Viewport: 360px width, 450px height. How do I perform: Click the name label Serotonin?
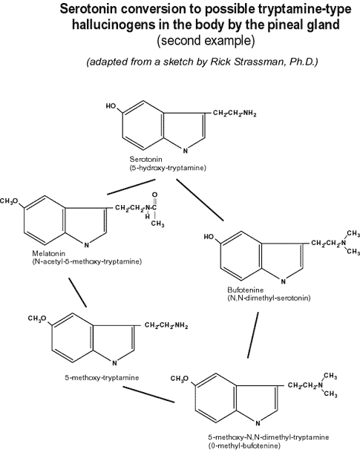coord(145,159)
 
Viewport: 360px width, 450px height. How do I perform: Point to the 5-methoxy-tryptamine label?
coord(102,377)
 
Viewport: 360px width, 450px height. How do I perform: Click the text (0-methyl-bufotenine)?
coord(243,446)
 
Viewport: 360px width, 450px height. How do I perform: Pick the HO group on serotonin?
coord(111,106)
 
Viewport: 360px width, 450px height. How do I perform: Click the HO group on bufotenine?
coord(209,237)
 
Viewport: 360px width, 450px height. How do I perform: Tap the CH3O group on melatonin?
coord(10,201)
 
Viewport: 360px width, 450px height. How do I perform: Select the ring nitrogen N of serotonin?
coord(186,151)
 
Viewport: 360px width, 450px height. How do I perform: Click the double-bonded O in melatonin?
coord(154,195)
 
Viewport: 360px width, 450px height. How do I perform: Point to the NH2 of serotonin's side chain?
coord(249,114)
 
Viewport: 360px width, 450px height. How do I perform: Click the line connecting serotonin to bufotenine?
coord(200,200)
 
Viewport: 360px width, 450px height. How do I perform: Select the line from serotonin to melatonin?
coord(131,187)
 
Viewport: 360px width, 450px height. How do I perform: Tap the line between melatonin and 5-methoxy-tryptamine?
coord(77,293)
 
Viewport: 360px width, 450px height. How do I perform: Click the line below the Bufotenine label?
coord(253,335)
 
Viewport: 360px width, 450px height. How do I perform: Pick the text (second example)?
coord(206,41)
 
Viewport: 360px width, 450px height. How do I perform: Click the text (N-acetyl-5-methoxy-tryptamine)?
coord(87,261)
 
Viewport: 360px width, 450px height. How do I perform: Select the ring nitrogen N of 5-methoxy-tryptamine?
coord(114,363)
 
